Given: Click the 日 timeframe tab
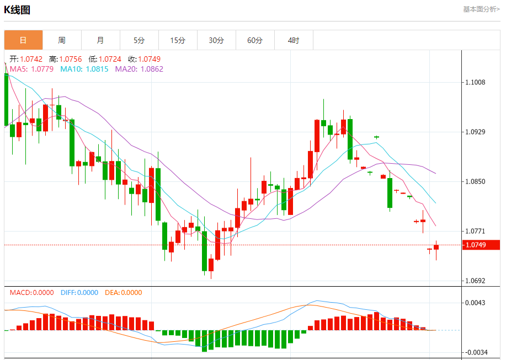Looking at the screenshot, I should click(x=23, y=40).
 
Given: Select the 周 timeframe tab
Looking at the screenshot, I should click(x=62, y=40).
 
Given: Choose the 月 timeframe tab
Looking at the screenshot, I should click(x=100, y=40).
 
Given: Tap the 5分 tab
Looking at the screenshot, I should click(x=139, y=40).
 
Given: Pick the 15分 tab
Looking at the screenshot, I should click(x=178, y=40).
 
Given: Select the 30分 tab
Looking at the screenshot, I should click(x=216, y=40).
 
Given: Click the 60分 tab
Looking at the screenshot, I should click(x=255, y=40).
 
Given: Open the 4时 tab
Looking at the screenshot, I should click(x=294, y=40).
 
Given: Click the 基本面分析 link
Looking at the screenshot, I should click(x=481, y=9).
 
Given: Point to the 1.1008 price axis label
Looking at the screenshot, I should click(x=475, y=83).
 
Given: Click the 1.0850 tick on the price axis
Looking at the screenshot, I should click(x=475, y=181).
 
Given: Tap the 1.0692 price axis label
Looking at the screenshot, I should click(x=475, y=281).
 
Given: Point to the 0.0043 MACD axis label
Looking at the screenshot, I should click(x=475, y=303).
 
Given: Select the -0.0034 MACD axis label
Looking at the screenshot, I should click(x=475, y=352).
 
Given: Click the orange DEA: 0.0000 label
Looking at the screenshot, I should click(x=123, y=293).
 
